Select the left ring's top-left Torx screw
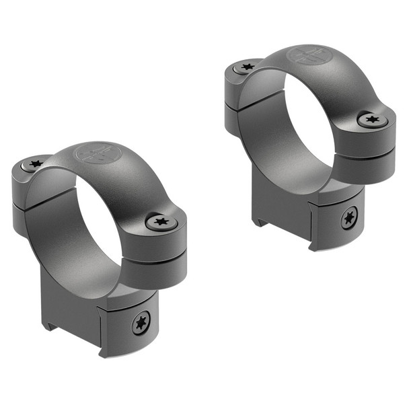(36, 163)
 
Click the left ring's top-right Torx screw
(160, 221)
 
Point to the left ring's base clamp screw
(141, 323)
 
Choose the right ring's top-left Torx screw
(247, 67)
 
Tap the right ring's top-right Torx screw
(371, 120)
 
